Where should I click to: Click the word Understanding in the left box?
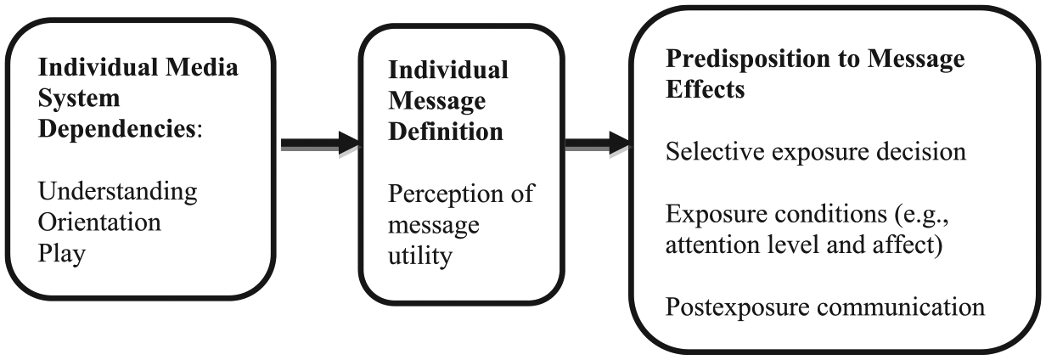click(x=118, y=192)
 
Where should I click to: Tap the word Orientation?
click(x=99, y=222)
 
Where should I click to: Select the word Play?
click(x=62, y=254)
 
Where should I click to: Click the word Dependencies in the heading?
click(x=117, y=129)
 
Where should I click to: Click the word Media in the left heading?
click(x=202, y=67)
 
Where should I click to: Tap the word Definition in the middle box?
click(x=446, y=132)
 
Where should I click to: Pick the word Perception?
click(x=446, y=194)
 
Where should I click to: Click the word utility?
click(x=420, y=256)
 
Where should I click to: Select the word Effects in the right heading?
click(x=705, y=89)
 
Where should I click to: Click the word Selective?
click(x=716, y=152)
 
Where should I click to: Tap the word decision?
click(x=921, y=152)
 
